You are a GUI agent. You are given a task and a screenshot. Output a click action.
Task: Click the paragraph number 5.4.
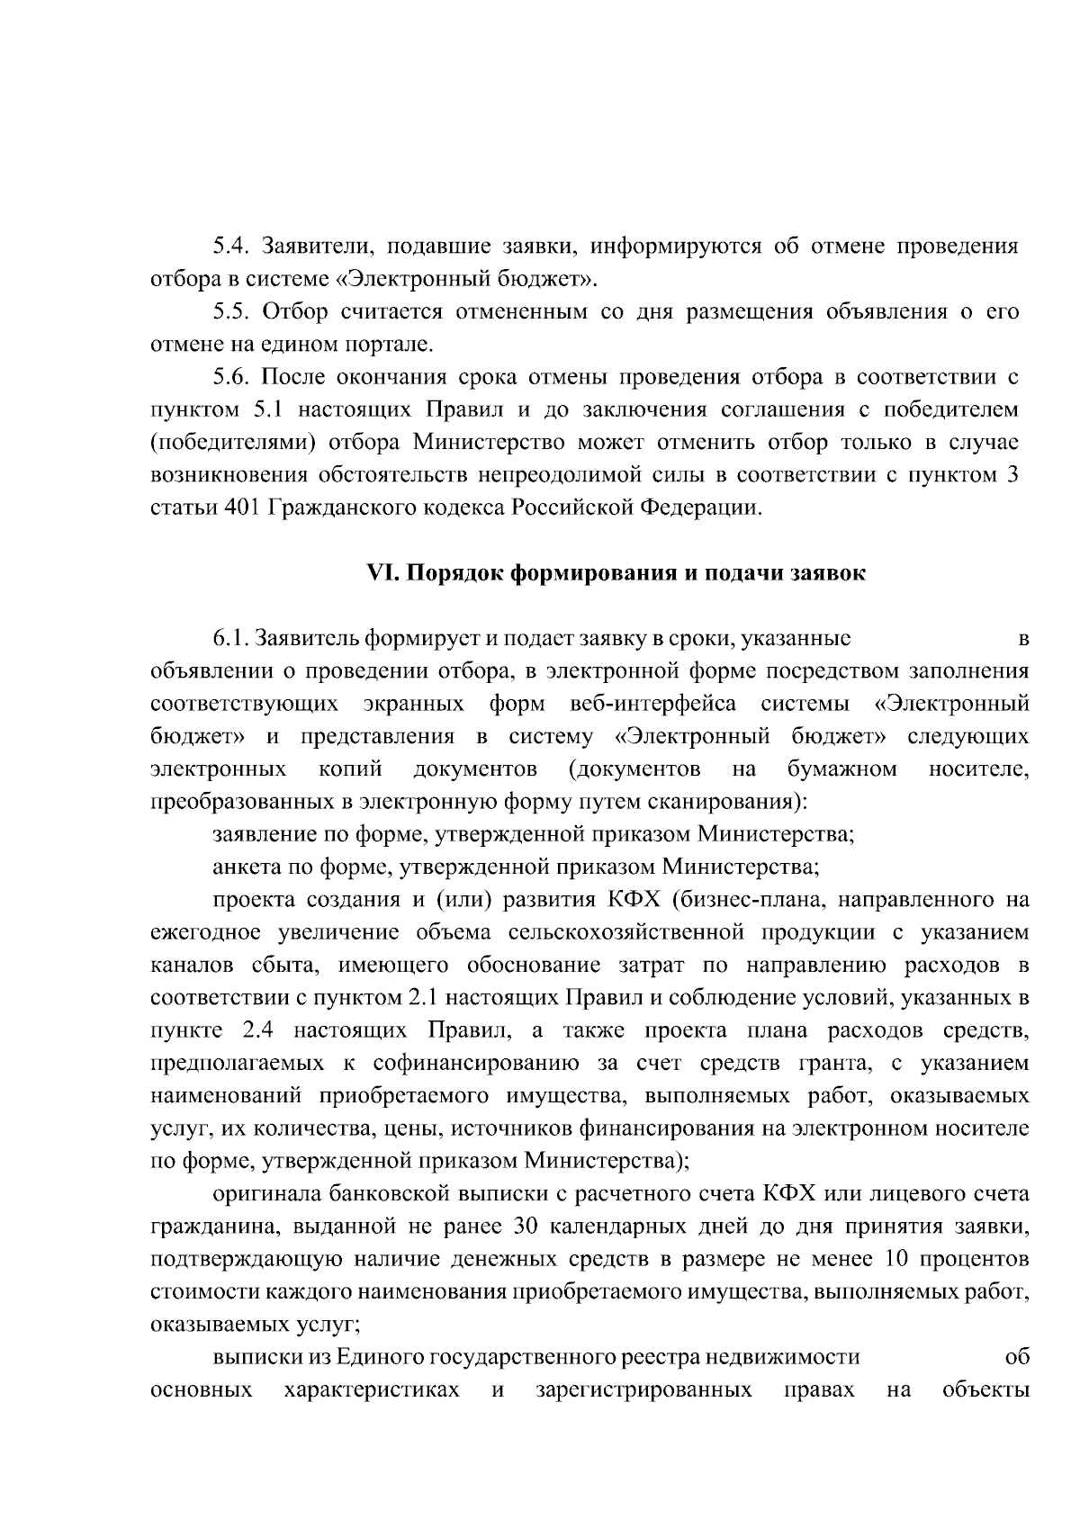tap(233, 247)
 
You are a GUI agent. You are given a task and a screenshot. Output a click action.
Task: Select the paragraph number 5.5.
tap(233, 312)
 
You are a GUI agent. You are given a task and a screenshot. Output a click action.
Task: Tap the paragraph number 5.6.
tap(233, 377)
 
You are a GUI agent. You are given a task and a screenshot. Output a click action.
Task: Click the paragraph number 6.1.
tap(231, 640)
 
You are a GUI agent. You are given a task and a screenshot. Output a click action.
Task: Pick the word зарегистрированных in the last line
tap(643, 1389)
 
